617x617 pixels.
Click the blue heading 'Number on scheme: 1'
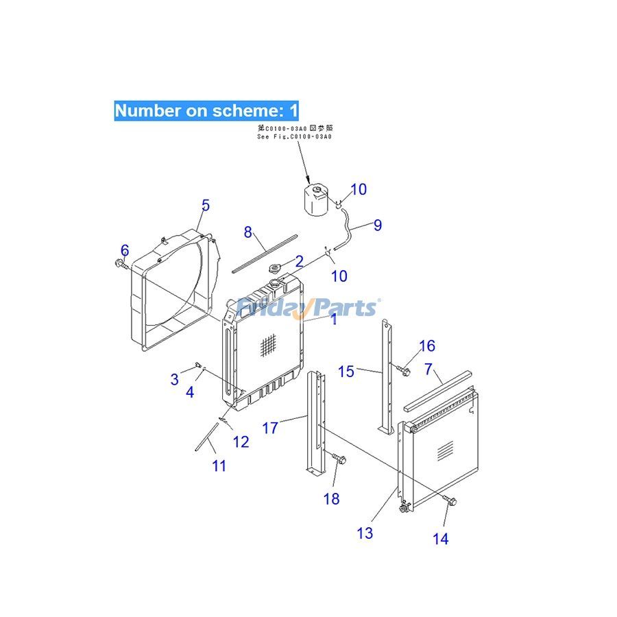tap(206, 110)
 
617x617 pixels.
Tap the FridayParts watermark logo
tap(306, 308)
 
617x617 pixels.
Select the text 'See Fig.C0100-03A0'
tap(293, 137)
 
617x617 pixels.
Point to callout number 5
tap(205, 205)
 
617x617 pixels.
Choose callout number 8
tap(248, 232)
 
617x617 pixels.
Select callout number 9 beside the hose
tap(377, 225)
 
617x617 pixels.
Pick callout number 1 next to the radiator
tap(333, 319)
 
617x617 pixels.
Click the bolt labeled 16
tap(404, 371)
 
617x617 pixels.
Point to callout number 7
tap(428, 370)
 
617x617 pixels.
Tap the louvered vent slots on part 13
tap(445, 450)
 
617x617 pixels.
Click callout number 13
tap(365, 532)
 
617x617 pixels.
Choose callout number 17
tap(270, 428)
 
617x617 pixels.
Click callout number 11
tap(218, 465)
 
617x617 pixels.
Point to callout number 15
tap(346, 371)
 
